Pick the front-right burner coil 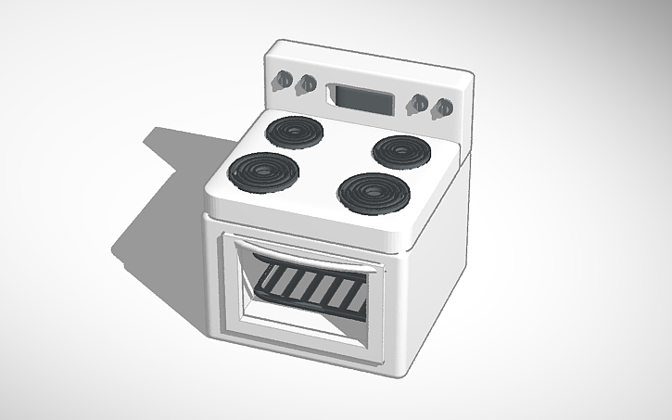pos(373,192)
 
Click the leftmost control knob pos(280,82)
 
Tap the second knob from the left pos(305,86)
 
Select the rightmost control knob pos(443,108)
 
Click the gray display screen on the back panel pos(360,95)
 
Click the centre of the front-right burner pos(373,192)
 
